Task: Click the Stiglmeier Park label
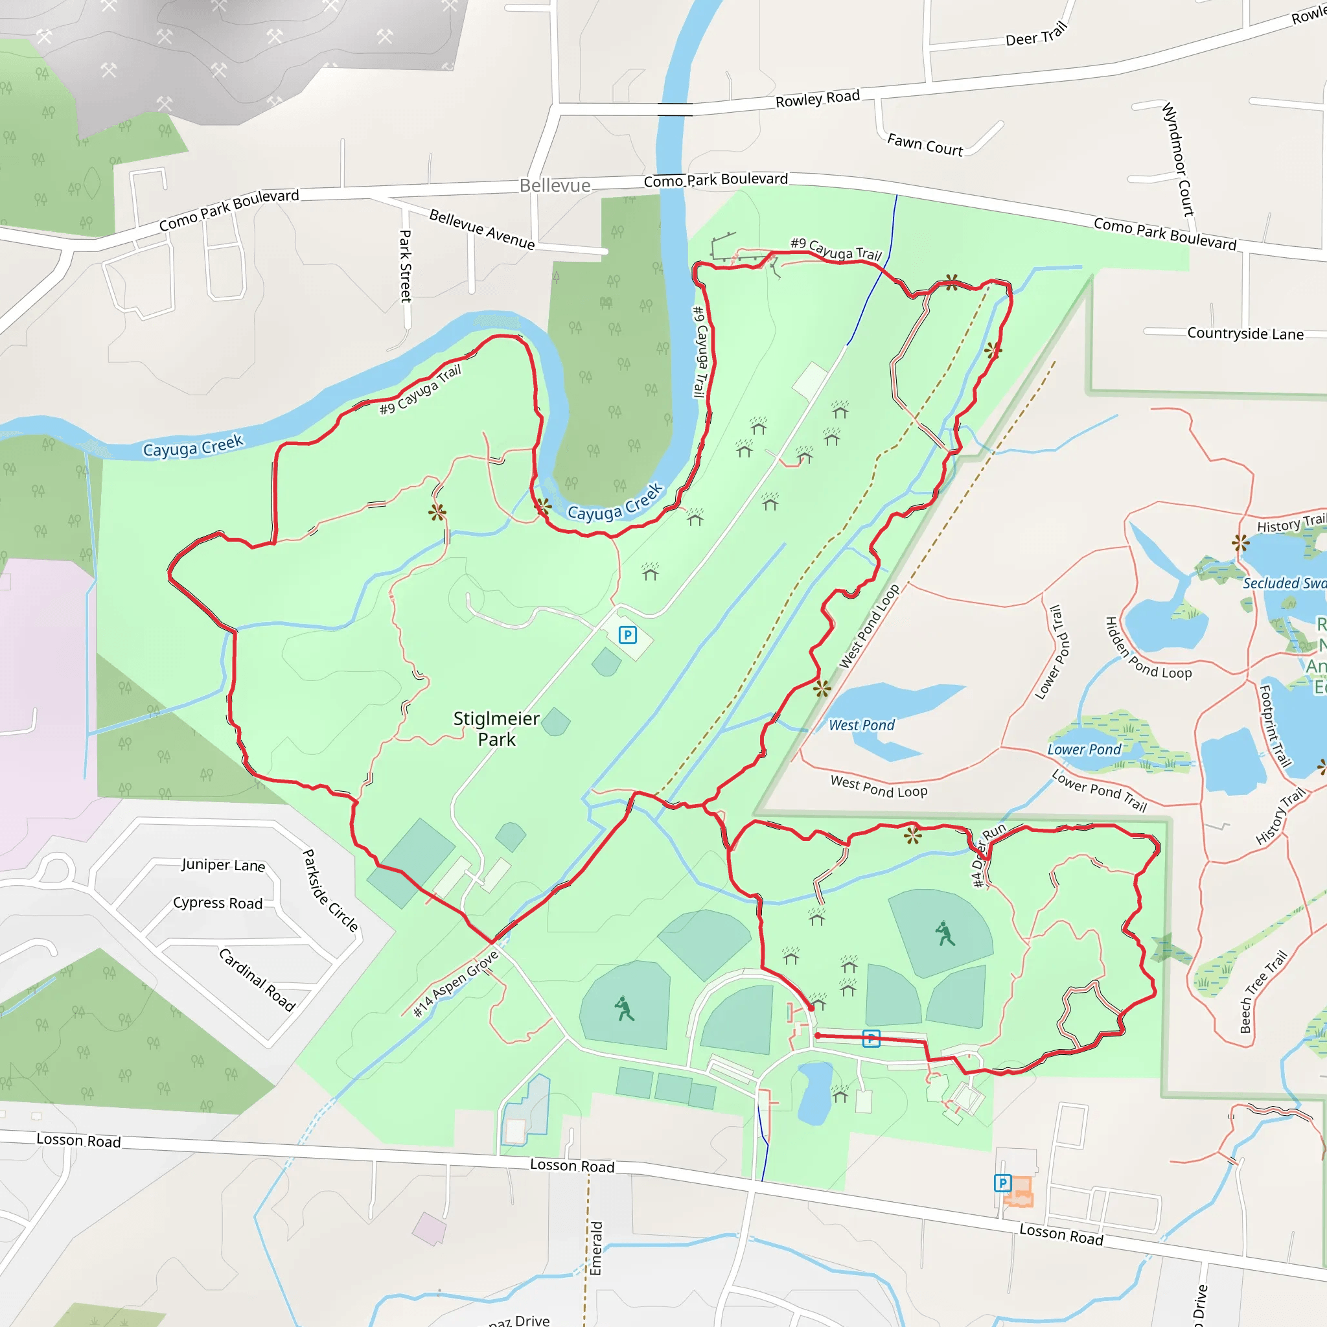(x=496, y=729)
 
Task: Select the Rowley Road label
(x=817, y=99)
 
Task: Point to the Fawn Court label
(x=925, y=145)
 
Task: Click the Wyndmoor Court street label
(x=1179, y=159)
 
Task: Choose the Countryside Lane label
(x=1245, y=334)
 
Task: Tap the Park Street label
(x=406, y=266)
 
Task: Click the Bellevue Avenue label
(x=481, y=229)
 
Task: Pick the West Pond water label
(x=861, y=725)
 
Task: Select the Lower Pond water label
(x=1084, y=750)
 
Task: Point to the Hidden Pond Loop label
(x=1147, y=649)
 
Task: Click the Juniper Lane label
(x=224, y=865)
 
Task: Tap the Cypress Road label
(x=218, y=903)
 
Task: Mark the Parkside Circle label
(x=330, y=891)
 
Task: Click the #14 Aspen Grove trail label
(x=456, y=984)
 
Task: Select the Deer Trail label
(x=1036, y=34)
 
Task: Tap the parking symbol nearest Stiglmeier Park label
(x=627, y=634)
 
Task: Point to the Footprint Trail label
(x=1275, y=725)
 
